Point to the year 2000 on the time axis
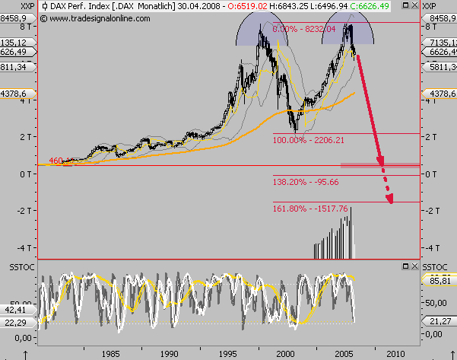[286, 354]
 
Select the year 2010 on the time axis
[395, 354]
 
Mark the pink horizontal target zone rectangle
[379, 164]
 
